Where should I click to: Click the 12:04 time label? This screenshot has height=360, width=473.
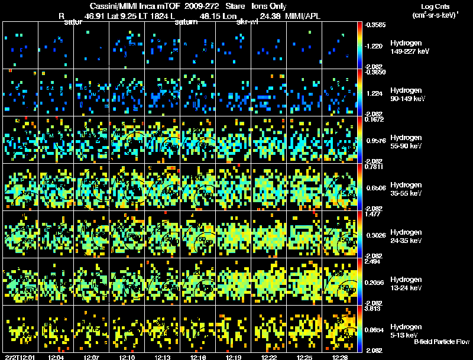56,356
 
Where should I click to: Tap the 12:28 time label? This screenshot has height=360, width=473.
340,356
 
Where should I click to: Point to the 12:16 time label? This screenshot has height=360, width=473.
197,356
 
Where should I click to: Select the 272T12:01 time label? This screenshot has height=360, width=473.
20,356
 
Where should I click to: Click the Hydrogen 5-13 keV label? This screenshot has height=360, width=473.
406,330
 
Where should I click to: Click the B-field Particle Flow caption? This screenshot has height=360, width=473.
441,342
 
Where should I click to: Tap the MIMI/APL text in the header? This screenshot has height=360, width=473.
303,16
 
